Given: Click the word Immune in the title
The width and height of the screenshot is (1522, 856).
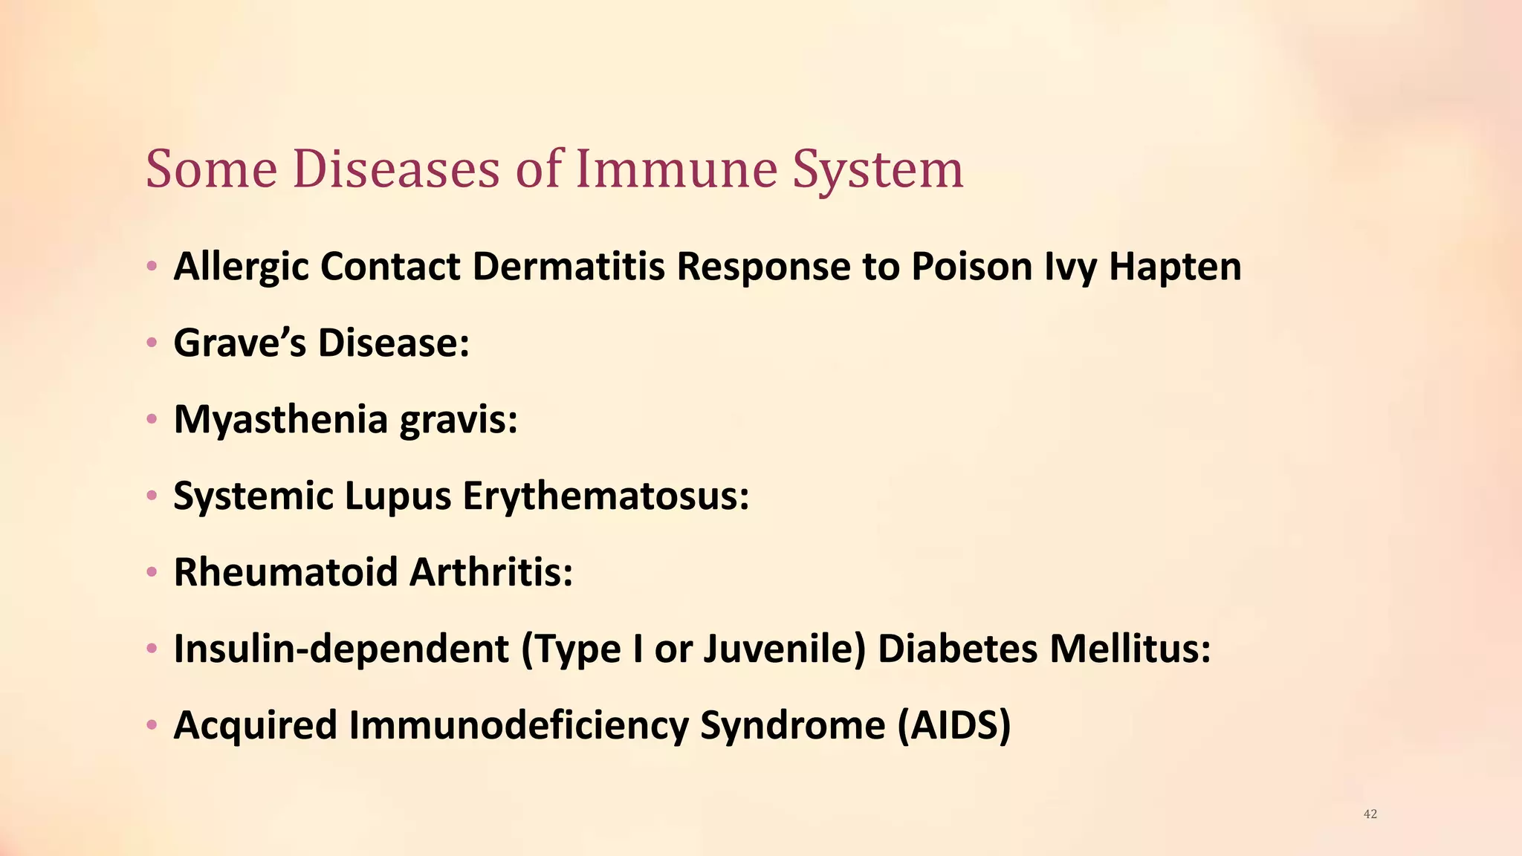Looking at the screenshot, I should click(675, 169).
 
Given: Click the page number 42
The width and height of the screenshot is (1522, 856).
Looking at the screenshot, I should click(1370, 814).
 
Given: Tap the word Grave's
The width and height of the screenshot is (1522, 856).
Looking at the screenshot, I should click(239, 343).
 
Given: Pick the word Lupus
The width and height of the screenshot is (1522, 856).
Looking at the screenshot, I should click(398, 496).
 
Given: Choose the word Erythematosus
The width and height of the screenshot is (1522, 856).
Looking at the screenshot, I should click(606, 496).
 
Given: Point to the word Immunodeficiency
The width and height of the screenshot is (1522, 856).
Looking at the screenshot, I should click(519, 725).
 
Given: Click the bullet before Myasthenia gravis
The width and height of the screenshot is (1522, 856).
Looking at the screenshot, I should click(152, 420).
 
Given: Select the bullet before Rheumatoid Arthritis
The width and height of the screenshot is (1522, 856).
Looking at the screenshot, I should click(152, 572).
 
